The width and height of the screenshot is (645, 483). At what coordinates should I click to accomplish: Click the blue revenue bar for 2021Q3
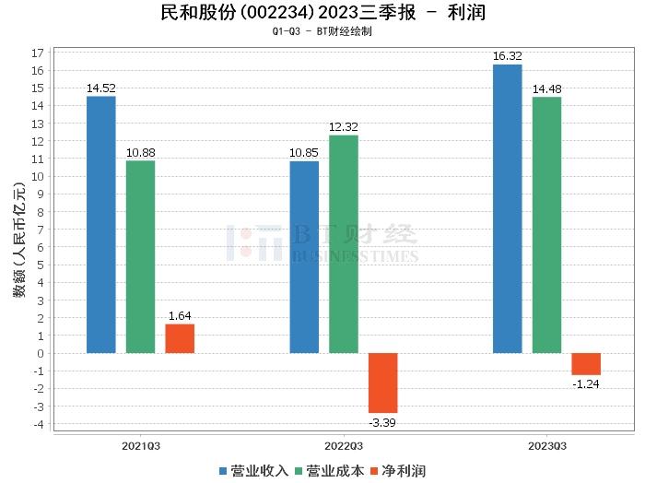[100, 225]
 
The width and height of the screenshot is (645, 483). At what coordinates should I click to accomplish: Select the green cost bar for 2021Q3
[140, 257]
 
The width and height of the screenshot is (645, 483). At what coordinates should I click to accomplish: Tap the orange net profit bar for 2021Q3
[180, 338]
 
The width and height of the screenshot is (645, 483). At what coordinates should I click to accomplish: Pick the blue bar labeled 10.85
[304, 257]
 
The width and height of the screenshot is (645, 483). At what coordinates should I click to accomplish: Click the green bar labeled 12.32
[344, 244]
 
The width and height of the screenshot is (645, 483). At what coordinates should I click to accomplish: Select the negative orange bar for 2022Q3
[383, 383]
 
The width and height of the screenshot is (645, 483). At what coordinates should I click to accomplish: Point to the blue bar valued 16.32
[507, 208]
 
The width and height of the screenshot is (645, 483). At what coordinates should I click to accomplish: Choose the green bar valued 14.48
[546, 225]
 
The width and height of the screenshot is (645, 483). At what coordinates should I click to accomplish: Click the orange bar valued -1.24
[586, 364]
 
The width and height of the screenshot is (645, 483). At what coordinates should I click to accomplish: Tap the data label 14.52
[100, 88]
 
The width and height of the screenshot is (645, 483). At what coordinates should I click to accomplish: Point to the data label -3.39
[383, 422]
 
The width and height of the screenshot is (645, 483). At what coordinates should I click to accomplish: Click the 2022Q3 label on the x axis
[344, 444]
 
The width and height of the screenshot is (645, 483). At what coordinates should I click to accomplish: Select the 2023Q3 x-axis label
[546, 444]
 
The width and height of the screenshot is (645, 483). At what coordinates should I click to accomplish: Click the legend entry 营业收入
[254, 471]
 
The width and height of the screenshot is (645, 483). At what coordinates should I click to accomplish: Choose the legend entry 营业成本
[330, 471]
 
